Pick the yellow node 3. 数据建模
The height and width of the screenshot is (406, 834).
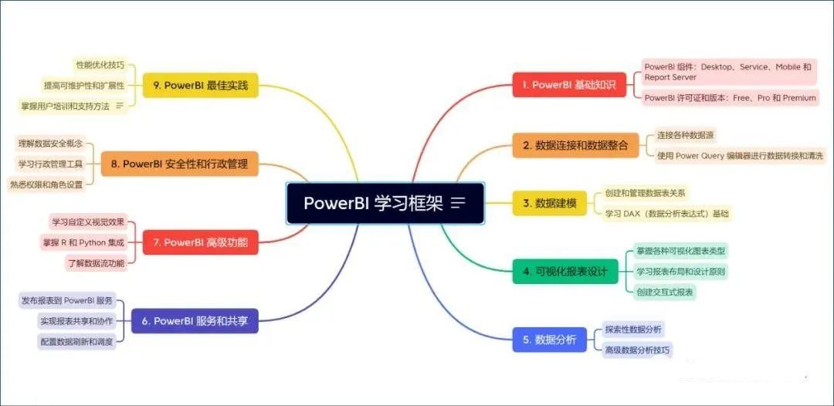click(550, 203)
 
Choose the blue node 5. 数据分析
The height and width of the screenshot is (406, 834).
click(549, 340)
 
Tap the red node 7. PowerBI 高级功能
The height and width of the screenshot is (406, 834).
click(201, 242)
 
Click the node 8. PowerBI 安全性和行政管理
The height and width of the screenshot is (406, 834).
click(190, 164)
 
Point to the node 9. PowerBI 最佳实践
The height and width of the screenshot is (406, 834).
click(201, 85)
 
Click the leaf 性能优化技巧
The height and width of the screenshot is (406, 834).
click(100, 65)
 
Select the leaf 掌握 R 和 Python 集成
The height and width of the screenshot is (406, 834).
click(84, 242)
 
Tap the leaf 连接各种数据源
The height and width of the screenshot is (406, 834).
click(685, 135)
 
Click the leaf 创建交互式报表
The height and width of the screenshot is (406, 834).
click(664, 292)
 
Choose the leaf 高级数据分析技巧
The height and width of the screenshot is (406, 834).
click(638, 350)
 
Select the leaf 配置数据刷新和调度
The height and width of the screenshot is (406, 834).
click(77, 340)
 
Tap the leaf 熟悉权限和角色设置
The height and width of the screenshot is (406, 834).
click(46, 184)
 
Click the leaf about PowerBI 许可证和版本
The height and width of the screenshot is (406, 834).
click(730, 98)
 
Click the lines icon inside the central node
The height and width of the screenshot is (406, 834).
click(458, 203)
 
